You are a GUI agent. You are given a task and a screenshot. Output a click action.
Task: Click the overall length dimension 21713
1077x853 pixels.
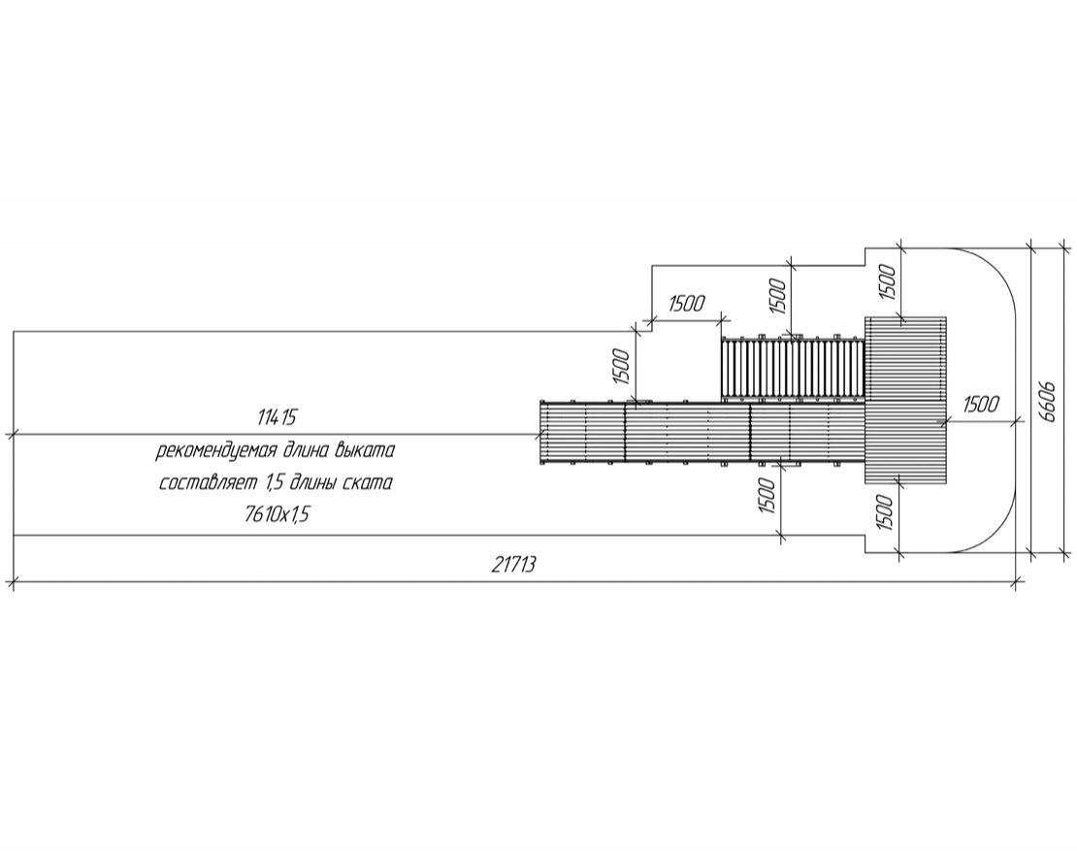pyautogui.click(x=514, y=565)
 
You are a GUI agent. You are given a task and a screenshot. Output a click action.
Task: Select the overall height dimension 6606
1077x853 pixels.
pyautogui.click(x=1047, y=401)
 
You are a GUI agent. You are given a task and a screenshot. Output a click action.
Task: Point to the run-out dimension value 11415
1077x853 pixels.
pyautogui.click(x=277, y=417)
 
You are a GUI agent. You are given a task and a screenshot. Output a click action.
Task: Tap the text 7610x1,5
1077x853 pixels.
pyautogui.click(x=277, y=513)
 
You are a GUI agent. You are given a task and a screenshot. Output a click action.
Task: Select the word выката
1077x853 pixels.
pyautogui.click(x=366, y=450)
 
